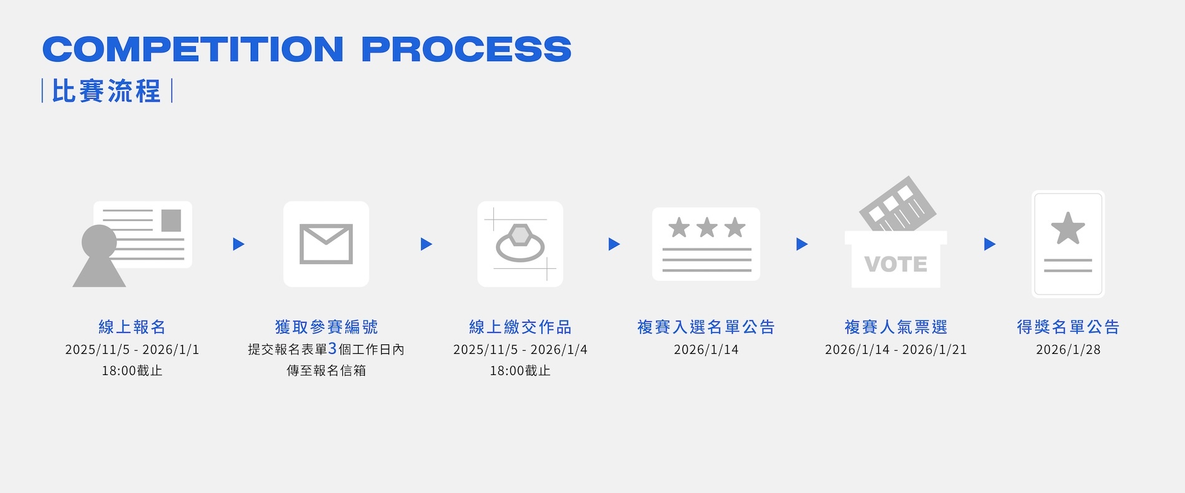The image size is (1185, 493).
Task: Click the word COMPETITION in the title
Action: click(x=193, y=49)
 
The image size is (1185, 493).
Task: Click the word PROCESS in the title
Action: click(x=466, y=49)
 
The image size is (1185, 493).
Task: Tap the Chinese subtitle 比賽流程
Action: click(x=107, y=91)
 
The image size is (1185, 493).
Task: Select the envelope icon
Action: click(x=326, y=244)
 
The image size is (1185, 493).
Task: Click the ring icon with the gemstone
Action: click(x=520, y=243)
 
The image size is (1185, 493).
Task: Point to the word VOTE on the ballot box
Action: click(x=896, y=264)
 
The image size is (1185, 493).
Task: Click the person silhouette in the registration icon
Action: click(x=99, y=256)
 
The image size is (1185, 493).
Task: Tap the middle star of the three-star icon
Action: click(x=707, y=228)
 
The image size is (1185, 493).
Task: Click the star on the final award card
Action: click(x=1068, y=228)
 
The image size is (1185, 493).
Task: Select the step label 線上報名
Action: click(x=132, y=327)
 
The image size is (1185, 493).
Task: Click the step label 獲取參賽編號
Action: click(x=326, y=327)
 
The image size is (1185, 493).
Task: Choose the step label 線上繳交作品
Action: click(x=520, y=327)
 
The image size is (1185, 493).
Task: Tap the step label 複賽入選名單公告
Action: click(x=706, y=327)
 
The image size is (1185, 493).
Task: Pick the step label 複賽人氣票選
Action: click(x=896, y=327)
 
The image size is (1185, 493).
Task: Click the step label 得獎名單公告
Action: click(x=1068, y=327)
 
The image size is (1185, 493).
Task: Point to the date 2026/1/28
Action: click(x=1068, y=349)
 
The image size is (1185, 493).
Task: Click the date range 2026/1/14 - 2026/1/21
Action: click(x=896, y=349)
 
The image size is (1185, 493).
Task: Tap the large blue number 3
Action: click(x=332, y=348)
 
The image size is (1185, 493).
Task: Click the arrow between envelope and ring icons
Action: click(x=427, y=244)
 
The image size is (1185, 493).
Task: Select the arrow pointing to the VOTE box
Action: click(x=802, y=244)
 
